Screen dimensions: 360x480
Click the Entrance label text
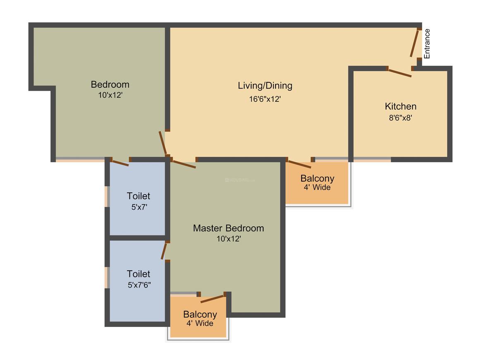[427, 43]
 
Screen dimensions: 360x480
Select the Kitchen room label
[400, 106]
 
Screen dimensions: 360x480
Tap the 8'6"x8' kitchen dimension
[400, 117]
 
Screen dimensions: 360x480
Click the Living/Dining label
[265, 86]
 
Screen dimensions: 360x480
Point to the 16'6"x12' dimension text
[265, 99]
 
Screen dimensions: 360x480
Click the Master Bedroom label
[228, 228]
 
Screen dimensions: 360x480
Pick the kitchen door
[400, 73]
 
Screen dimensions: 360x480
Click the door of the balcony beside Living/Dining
[300, 164]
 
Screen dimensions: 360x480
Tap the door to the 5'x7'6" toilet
[164, 251]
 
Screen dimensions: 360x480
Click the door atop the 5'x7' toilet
[120, 163]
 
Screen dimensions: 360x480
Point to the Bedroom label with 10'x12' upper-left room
[110, 84]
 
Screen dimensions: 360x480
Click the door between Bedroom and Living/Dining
[163, 143]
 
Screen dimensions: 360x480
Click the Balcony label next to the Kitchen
[317, 179]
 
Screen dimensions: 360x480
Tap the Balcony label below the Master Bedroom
[200, 314]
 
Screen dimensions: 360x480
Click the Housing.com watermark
[240, 180]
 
